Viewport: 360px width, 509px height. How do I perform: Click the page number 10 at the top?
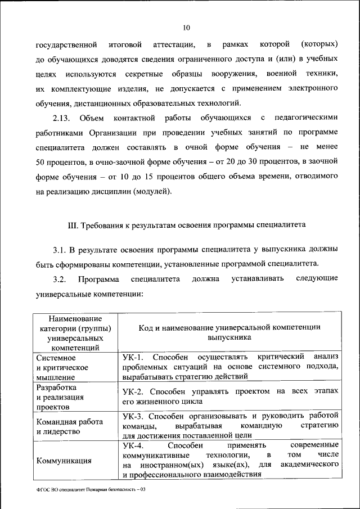click(186, 27)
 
